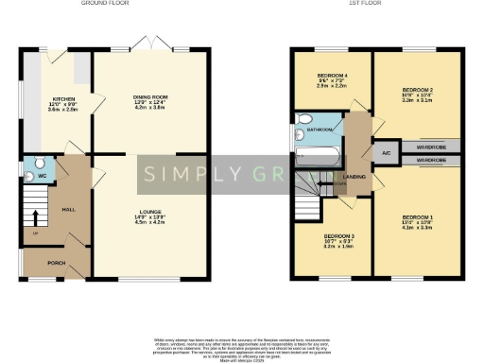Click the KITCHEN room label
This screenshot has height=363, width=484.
(63, 98)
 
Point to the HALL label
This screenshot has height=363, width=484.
(68, 210)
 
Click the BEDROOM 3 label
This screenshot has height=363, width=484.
(338, 236)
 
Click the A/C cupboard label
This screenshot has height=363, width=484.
(387, 152)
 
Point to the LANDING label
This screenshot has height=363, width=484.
(355, 176)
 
